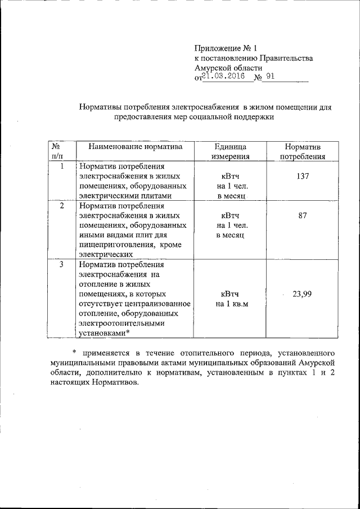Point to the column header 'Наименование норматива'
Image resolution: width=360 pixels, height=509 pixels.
coord(131,147)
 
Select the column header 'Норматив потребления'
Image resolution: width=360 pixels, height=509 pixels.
coord(303,152)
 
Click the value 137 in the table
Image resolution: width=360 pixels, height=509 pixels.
coord(303,176)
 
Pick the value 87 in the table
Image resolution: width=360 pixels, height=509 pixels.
coord(303,215)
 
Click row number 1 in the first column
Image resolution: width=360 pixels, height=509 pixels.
coord(61,166)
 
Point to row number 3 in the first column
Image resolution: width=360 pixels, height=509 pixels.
coord(61,264)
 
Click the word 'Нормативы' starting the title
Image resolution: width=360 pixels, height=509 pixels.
coord(100,106)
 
